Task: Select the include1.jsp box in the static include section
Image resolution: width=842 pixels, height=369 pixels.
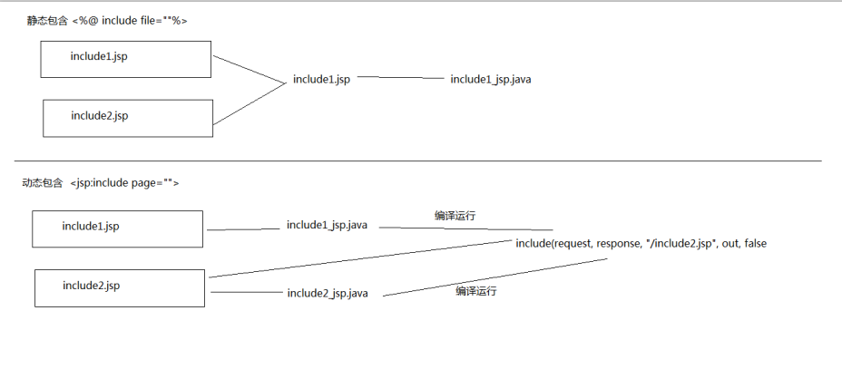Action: tap(126, 58)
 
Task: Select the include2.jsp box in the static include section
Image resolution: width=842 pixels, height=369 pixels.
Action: tap(128, 118)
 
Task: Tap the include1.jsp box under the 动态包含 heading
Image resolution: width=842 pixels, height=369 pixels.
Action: tap(117, 228)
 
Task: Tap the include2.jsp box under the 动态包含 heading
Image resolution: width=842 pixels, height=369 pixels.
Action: tap(119, 287)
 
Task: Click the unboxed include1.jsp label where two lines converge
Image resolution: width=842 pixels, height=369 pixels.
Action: tap(321, 80)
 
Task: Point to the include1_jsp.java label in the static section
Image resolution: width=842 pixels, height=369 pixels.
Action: tap(491, 80)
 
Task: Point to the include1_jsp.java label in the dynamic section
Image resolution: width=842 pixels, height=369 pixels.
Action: tap(327, 225)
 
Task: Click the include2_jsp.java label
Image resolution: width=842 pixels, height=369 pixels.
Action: tap(328, 293)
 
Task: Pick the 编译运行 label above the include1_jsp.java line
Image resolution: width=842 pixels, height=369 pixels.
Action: tap(455, 216)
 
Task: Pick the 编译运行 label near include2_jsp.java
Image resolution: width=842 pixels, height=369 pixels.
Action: tap(476, 291)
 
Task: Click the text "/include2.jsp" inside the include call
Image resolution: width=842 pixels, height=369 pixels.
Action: tap(681, 243)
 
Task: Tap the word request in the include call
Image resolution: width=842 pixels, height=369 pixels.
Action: tap(571, 243)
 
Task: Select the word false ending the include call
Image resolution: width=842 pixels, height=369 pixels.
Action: tap(756, 243)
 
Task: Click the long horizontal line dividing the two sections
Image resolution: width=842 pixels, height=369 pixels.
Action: tap(417, 160)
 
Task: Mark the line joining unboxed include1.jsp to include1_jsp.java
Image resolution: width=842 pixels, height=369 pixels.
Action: tap(399, 78)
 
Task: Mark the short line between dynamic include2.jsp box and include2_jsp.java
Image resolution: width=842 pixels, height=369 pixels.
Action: tap(245, 292)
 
